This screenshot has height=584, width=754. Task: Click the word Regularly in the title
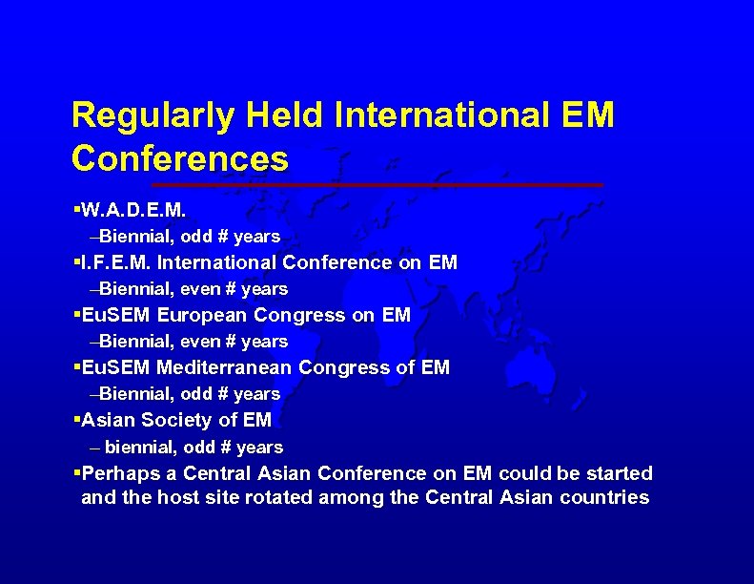click(x=153, y=116)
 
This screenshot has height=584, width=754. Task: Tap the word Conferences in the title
click(x=179, y=158)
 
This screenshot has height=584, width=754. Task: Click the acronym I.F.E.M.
click(x=117, y=261)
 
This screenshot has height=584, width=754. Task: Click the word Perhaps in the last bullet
click(x=116, y=473)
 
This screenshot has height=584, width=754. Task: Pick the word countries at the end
click(x=604, y=497)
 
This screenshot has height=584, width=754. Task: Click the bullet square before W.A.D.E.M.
click(x=76, y=207)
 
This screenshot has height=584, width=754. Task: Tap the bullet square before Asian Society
click(x=76, y=420)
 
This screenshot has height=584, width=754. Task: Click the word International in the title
click(x=442, y=116)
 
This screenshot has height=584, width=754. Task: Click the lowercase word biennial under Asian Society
click(x=141, y=448)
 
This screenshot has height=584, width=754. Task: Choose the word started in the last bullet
click(x=621, y=473)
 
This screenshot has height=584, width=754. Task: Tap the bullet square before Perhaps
click(x=76, y=473)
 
